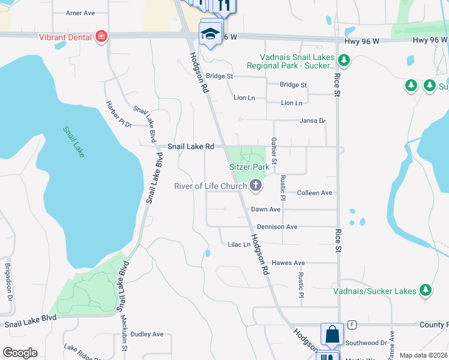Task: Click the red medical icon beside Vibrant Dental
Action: (101, 37)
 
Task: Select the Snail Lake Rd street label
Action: (190, 146)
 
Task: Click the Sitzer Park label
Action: (249, 167)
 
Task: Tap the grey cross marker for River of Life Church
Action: (256, 185)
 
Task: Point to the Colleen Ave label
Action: (315, 193)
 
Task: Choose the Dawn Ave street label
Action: (265, 209)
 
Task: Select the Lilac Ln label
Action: (238, 245)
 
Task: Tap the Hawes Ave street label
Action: (288, 263)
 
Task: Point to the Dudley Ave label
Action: (147, 334)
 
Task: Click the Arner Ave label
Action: (80, 13)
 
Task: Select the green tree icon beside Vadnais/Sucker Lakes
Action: (426, 291)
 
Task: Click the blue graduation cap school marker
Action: (211, 34)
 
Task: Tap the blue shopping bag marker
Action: (332, 335)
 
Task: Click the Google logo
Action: (20, 353)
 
